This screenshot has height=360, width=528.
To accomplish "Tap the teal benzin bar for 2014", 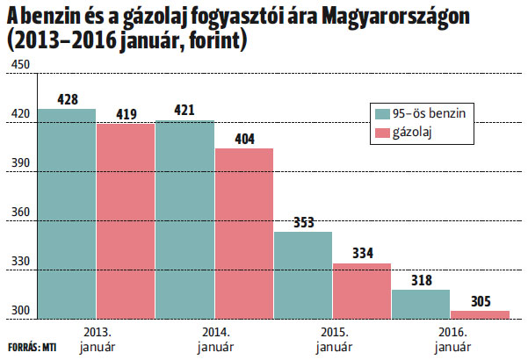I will click(184, 219).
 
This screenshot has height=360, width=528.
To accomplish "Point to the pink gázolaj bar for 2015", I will click(362, 290).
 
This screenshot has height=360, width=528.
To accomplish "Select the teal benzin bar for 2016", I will click(421, 303).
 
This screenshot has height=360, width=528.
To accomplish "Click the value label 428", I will click(68, 99).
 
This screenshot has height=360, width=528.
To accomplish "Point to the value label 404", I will click(244, 139).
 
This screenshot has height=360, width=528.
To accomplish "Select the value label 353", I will click(303, 222).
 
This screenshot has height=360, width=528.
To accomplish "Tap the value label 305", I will click(481, 301).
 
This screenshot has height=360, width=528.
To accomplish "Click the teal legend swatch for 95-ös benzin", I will click(382, 113).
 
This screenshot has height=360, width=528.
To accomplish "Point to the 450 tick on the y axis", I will click(20, 64).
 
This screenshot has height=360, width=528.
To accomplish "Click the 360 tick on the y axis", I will click(20, 212).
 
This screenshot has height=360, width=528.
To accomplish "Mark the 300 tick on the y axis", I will click(20, 310).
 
